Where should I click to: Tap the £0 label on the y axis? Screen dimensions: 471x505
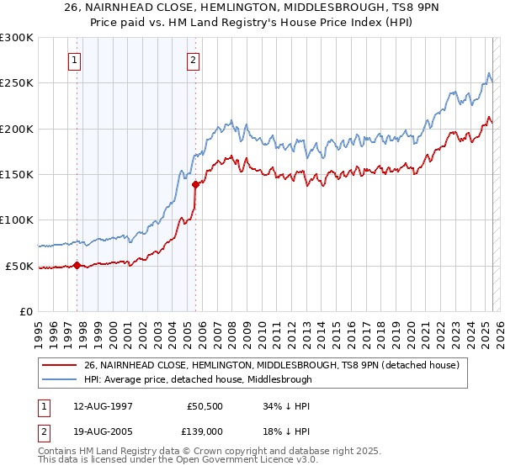coord(25,311)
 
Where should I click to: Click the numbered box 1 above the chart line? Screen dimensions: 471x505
coord(75,60)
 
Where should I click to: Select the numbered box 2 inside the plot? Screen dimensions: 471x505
coord(194,60)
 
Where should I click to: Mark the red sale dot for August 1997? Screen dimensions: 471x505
coord(77,265)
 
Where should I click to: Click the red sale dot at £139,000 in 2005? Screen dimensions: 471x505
coord(195,184)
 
